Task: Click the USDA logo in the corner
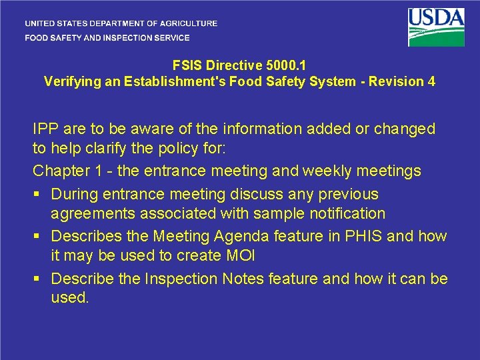[437, 27]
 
